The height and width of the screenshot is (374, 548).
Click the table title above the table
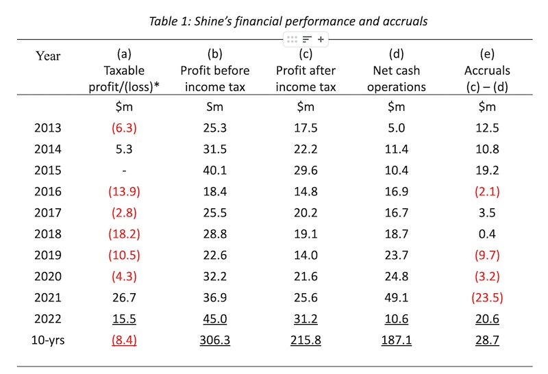tap(288, 21)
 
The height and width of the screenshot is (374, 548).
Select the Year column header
tap(48, 56)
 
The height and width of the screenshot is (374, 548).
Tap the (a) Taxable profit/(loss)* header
tap(125, 71)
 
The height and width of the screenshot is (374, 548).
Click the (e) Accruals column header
tap(488, 71)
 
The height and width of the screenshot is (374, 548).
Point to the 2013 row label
tap(47, 127)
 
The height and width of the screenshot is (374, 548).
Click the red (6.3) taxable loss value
tap(125, 127)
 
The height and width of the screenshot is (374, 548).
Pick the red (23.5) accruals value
tap(488, 297)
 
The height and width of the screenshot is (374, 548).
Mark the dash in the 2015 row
tap(125, 170)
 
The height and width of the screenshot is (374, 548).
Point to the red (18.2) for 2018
tap(125, 234)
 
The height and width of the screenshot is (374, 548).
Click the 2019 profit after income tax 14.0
tap(306, 255)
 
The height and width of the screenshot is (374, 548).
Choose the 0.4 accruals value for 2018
tap(488, 234)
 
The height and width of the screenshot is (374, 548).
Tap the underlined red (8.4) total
tap(125, 340)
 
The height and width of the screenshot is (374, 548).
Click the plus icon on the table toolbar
tap(320, 40)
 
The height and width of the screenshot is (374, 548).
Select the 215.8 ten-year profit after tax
tap(306, 340)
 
